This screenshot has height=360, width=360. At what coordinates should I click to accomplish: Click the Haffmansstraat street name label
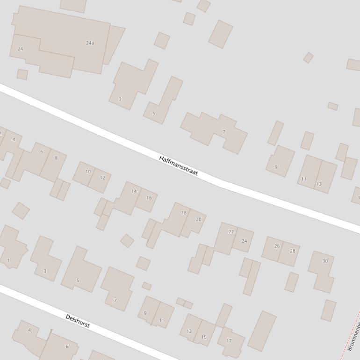coord(178,166)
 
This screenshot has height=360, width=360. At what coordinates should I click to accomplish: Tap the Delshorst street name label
coord(78,321)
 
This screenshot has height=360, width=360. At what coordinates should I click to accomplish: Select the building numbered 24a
coord(90,43)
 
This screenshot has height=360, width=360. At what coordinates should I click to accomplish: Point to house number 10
coord(88,172)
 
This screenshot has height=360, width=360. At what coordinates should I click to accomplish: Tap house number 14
coord(134,191)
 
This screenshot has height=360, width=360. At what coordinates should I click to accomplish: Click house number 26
coord(277,246)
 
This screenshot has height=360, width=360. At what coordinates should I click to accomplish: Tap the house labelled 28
coord(293,251)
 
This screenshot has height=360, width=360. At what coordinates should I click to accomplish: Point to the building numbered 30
coord(325,261)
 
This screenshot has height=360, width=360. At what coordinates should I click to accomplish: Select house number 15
coord(204,337)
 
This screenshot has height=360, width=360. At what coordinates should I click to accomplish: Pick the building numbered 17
coord(229,341)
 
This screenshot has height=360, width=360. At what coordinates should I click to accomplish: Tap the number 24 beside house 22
coord(244,241)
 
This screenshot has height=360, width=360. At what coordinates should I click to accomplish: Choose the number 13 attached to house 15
coord(189,331)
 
